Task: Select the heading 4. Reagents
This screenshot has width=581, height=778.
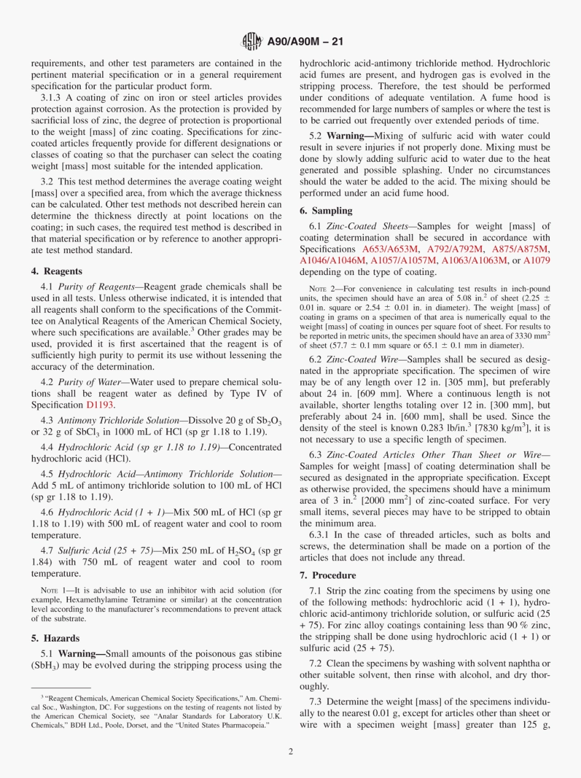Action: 56,271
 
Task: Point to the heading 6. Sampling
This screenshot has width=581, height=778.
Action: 326,211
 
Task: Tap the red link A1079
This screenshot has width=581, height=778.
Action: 536,260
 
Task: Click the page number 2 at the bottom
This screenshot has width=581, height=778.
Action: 290,751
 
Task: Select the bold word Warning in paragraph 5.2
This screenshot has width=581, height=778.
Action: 346,136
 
